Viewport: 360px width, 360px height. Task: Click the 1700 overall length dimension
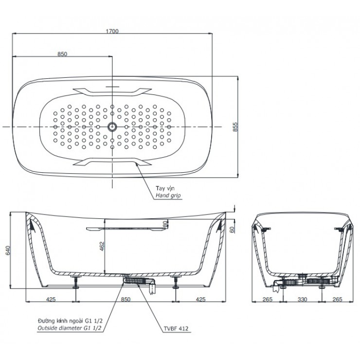(112, 31)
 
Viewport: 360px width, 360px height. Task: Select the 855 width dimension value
(235, 126)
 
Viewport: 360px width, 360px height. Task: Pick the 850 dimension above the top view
(62, 54)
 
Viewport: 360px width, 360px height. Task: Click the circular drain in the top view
(112, 126)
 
